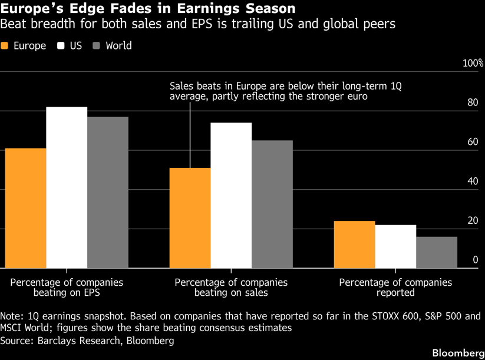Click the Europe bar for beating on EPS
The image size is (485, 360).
(x=26, y=208)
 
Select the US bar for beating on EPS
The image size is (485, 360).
(x=67, y=187)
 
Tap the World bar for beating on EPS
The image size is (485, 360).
(x=108, y=192)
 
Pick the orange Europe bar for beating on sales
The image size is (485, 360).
(x=190, y=218)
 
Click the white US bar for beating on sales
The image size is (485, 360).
(x=231, y=195)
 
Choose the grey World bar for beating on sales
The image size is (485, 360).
(x=272, y=204)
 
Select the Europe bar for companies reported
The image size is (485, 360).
(x=354, y=245)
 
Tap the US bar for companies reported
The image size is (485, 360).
(x=395, y=246)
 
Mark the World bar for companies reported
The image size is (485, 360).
(x=437, y=252)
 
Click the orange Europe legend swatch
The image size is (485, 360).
(x=5, y=46)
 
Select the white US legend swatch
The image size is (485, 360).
(x=61, y=46)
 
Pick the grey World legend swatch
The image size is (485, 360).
(x=97, y=46)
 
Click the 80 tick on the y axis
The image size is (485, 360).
(x=473, y=103)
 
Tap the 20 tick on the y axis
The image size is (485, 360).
(x=473, y=220)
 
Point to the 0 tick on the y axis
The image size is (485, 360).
(x=475, y=260)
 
